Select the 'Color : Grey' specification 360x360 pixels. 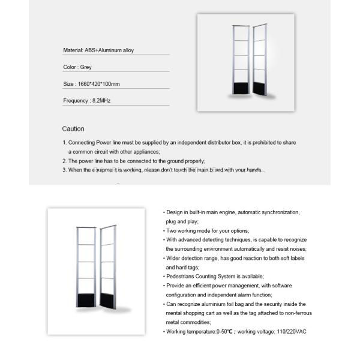[77, 67]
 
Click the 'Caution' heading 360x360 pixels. [73, 129]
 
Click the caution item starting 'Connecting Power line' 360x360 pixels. [180, 143]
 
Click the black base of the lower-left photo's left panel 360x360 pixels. [86, 298]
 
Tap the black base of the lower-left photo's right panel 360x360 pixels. [107, 299]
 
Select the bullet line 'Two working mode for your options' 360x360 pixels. [208, 230]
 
